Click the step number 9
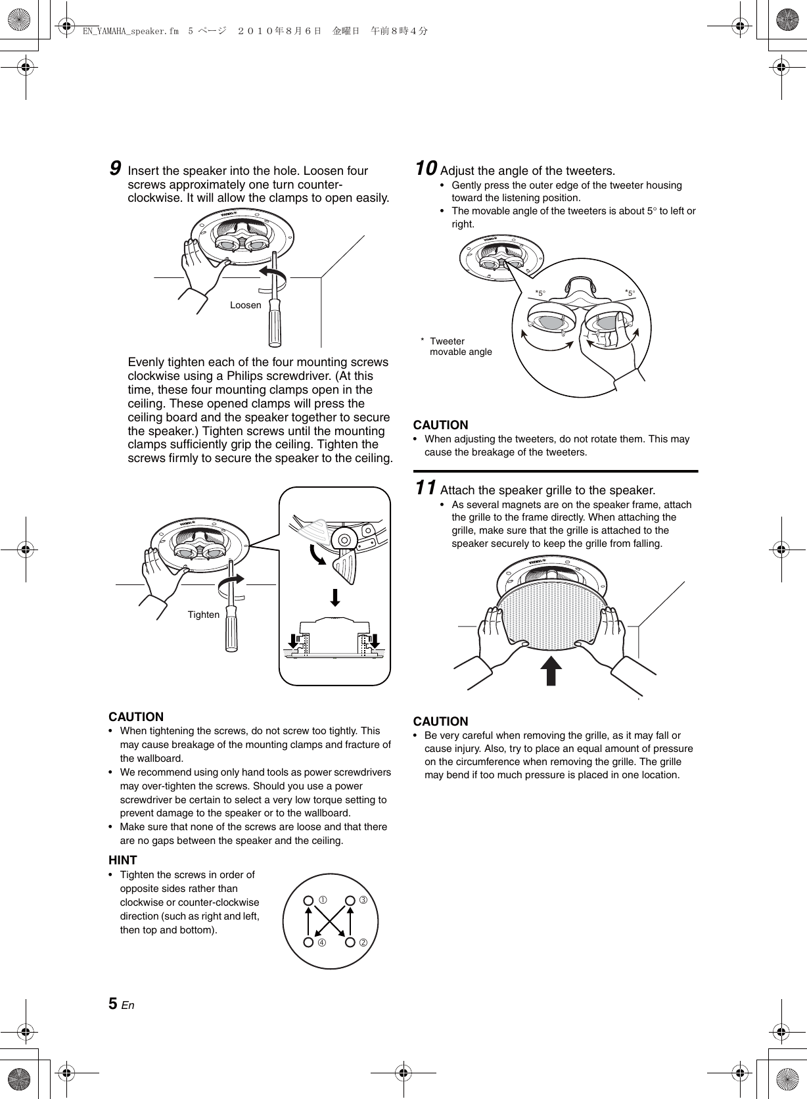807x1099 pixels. (114, 169)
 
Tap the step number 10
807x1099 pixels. (425, 169)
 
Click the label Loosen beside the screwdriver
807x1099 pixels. (245, 305)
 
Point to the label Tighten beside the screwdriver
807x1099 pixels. (204, 615)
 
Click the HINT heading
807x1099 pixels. (123, 860)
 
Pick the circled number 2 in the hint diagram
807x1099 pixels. (362, 943)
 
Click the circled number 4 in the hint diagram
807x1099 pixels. (322, 943)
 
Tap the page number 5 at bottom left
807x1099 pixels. (113, 1004)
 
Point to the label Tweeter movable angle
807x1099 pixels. (460, 346)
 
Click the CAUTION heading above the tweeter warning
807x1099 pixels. (440, 425)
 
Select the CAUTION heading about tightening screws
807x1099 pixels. (136, 716)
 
